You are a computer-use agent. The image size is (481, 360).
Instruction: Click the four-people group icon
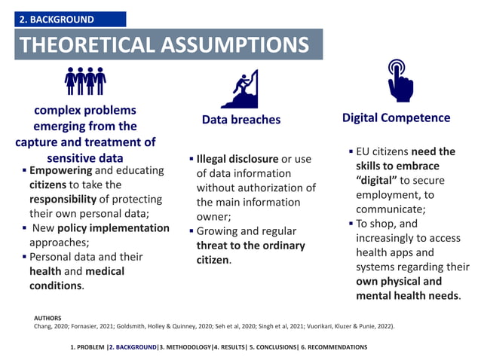tap(84, 80)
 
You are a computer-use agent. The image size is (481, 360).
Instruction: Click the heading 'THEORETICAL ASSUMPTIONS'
tap(164, 44)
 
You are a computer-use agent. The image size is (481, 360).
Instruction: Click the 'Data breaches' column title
tap(241, 120)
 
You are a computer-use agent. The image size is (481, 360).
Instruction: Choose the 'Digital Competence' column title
tap(396, 117)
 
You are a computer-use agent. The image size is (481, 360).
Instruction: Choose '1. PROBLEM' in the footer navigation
tap(87, 347)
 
